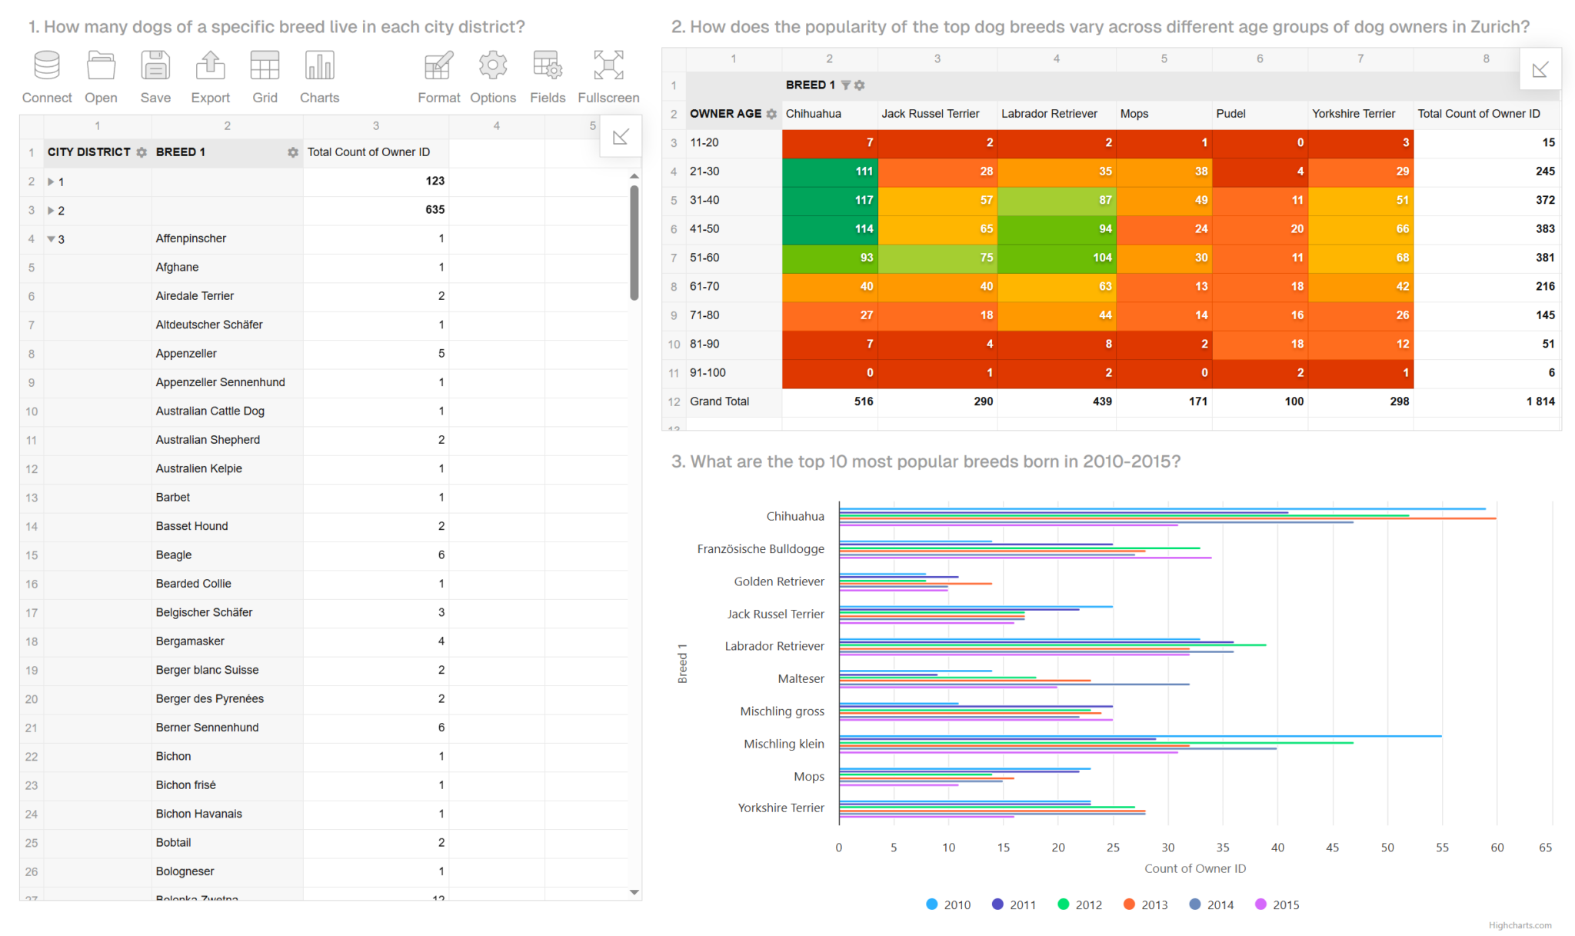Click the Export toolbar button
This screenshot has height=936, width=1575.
click(210, 76)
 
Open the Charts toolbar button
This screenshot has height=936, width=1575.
click(319, 76)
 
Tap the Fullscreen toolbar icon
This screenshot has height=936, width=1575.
click(608, 76)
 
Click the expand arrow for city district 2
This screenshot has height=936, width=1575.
click(51, 210)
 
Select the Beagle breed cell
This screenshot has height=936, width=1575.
click(174, 555)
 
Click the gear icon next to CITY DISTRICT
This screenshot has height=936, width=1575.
click(142, 152)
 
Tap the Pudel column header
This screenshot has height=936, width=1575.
click(1230, 114)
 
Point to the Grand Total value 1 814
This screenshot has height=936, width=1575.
click(1540, 401)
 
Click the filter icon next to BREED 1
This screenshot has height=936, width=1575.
click(845, 85)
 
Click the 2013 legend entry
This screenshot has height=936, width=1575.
click(1145, 904)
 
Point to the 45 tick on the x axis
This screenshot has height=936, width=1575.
click(1332, 848)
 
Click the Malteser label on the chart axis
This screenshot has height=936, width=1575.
click(801, 678)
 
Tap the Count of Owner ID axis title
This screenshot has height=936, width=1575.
click(1194, 868)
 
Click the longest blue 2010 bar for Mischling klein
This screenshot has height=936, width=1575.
click(1138, 736)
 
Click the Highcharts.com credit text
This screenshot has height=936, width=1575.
click(1520, 925)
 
